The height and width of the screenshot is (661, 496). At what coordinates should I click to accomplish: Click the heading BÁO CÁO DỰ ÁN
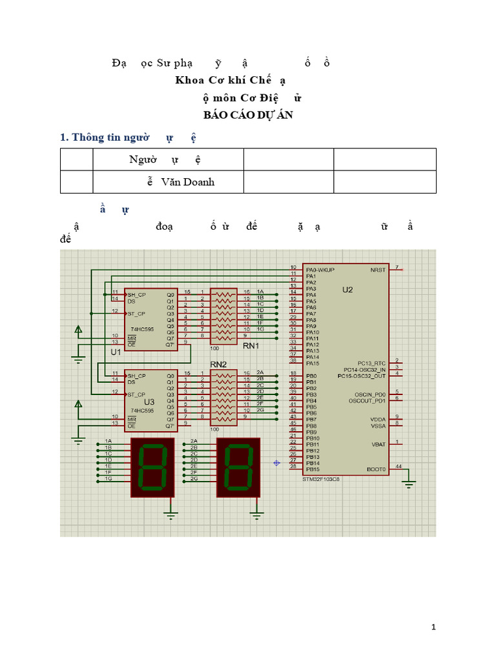pos(248,115)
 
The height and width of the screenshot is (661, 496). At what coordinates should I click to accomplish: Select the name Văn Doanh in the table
pos(188,182)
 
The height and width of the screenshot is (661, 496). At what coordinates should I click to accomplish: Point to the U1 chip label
pos(116,352)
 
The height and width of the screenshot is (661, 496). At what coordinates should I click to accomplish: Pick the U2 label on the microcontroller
pos(347,290)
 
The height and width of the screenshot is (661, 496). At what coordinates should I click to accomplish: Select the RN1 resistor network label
pos(251,346)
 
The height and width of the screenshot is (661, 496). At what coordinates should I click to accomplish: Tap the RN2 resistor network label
pos(219,365)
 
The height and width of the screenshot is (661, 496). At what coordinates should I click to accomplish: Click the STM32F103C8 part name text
pos(321,480)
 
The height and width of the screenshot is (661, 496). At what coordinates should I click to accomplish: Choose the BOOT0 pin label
pos(377,469)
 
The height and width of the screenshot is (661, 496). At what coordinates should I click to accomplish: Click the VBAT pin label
pos(379,444)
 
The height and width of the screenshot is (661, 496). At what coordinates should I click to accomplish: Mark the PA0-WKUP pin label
pos(320,269)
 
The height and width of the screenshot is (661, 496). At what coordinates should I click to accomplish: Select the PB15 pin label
pos(313,469)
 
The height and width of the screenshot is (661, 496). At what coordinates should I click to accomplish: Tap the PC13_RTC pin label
pos(371,363)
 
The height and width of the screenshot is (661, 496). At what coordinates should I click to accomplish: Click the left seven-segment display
pos(152,467)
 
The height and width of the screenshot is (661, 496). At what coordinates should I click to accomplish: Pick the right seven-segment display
pos(238,467)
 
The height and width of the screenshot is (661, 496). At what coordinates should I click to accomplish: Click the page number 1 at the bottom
pos(434,627)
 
